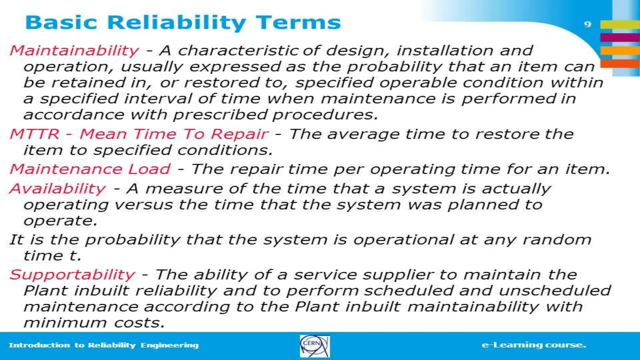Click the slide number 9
click(587, 24)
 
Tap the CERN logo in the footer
click(314, 346)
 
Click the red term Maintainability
click(74, 51)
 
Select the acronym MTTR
click(34, 134)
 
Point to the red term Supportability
click(72, 275)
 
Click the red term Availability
click(58, 189)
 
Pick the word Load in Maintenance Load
click(149, 169)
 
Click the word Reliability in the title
click(177, 23)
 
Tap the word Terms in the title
click(298, 22)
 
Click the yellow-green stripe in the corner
click(620, 24)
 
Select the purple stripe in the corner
click(620, 37)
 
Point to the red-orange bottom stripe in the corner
click(620, 64)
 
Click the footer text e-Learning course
click(534, 345)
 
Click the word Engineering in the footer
click(169, 345)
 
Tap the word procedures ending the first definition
click(325, 115)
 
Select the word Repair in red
click(239, 134)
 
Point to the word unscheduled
click(555, 291)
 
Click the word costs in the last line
click(139, 323)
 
